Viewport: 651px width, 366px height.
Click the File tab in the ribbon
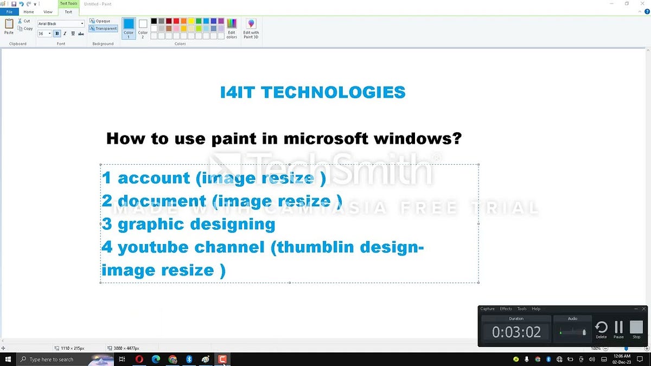9,11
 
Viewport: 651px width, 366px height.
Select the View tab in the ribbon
48,11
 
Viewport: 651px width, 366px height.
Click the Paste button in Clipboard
9,27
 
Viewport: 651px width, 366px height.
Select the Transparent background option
104,28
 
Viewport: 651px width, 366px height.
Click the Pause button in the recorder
618,329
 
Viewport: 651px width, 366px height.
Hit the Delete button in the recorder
601,329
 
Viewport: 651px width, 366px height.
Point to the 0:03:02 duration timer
516,332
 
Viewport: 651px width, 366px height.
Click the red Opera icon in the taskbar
139,359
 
